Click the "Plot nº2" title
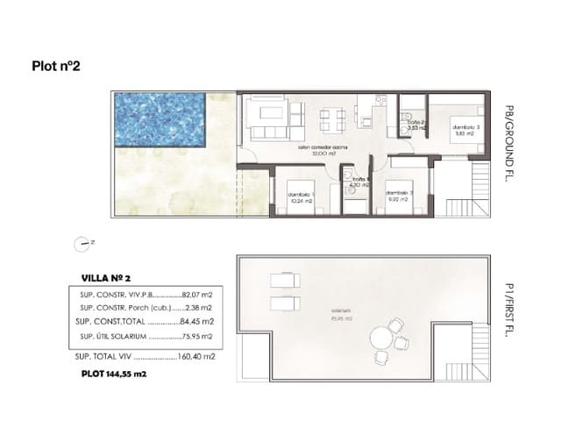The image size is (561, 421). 56,65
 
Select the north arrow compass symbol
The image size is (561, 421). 83,243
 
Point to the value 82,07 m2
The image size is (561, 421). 198,295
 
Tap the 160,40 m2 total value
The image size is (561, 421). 198,357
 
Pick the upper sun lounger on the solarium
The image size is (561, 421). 282,280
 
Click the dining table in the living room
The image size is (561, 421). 330,117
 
